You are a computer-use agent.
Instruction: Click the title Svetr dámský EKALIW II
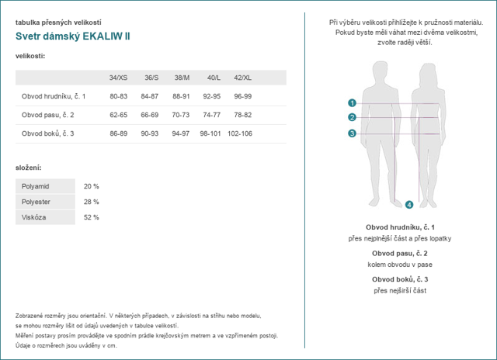click(73, 36)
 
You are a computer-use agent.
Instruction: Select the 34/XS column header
click(118, 78)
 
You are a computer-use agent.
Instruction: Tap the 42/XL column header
click(242, 78)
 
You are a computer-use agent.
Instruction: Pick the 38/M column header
click(181, 78)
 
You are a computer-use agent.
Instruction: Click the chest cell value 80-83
click(118, 96)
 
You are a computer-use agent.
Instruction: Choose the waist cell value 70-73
click(181, 115)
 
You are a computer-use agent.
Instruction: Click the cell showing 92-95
click(211, 96)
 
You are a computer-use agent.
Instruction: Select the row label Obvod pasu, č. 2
click(52, 115)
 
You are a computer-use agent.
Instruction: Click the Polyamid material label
click(35, 186)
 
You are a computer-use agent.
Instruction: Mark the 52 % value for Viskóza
click(91, 217)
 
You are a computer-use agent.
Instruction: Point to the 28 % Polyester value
click(91, 202)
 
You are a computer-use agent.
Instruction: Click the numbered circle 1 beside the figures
click(352, 102)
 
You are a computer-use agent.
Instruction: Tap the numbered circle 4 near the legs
click(409, 205)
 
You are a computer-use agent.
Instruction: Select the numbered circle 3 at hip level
click(352, 133)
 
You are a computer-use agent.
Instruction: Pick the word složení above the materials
click(28, 168)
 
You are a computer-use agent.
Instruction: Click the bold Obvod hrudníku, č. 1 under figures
click(399, 227)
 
